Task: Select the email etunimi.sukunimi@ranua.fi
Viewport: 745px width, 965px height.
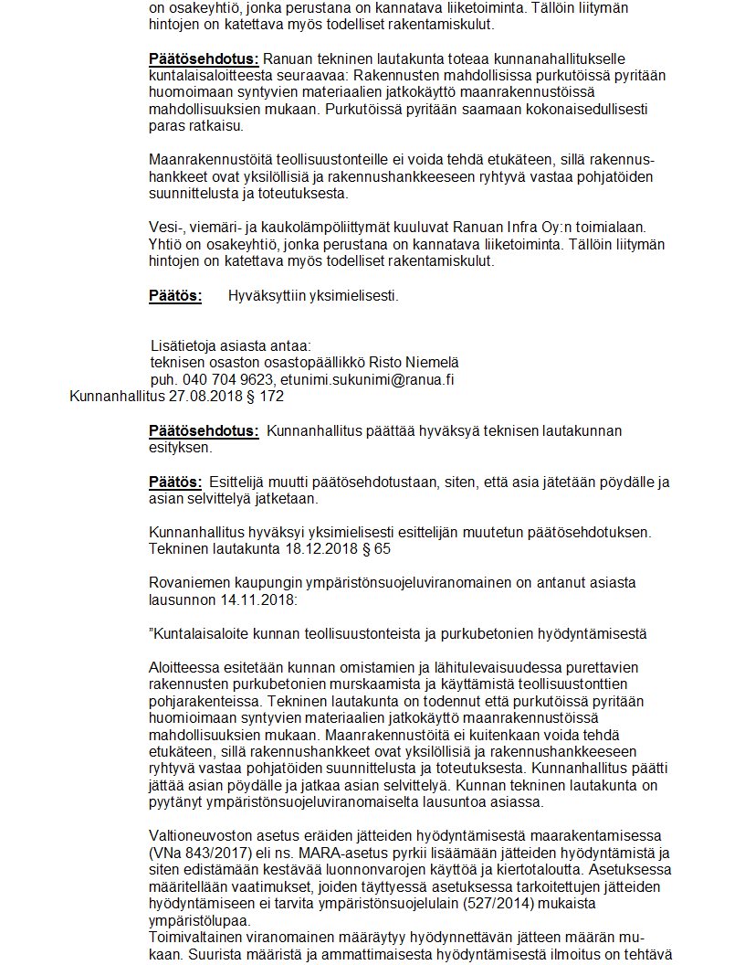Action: point(367,379)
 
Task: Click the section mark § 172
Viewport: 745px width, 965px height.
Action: point(266,397)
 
